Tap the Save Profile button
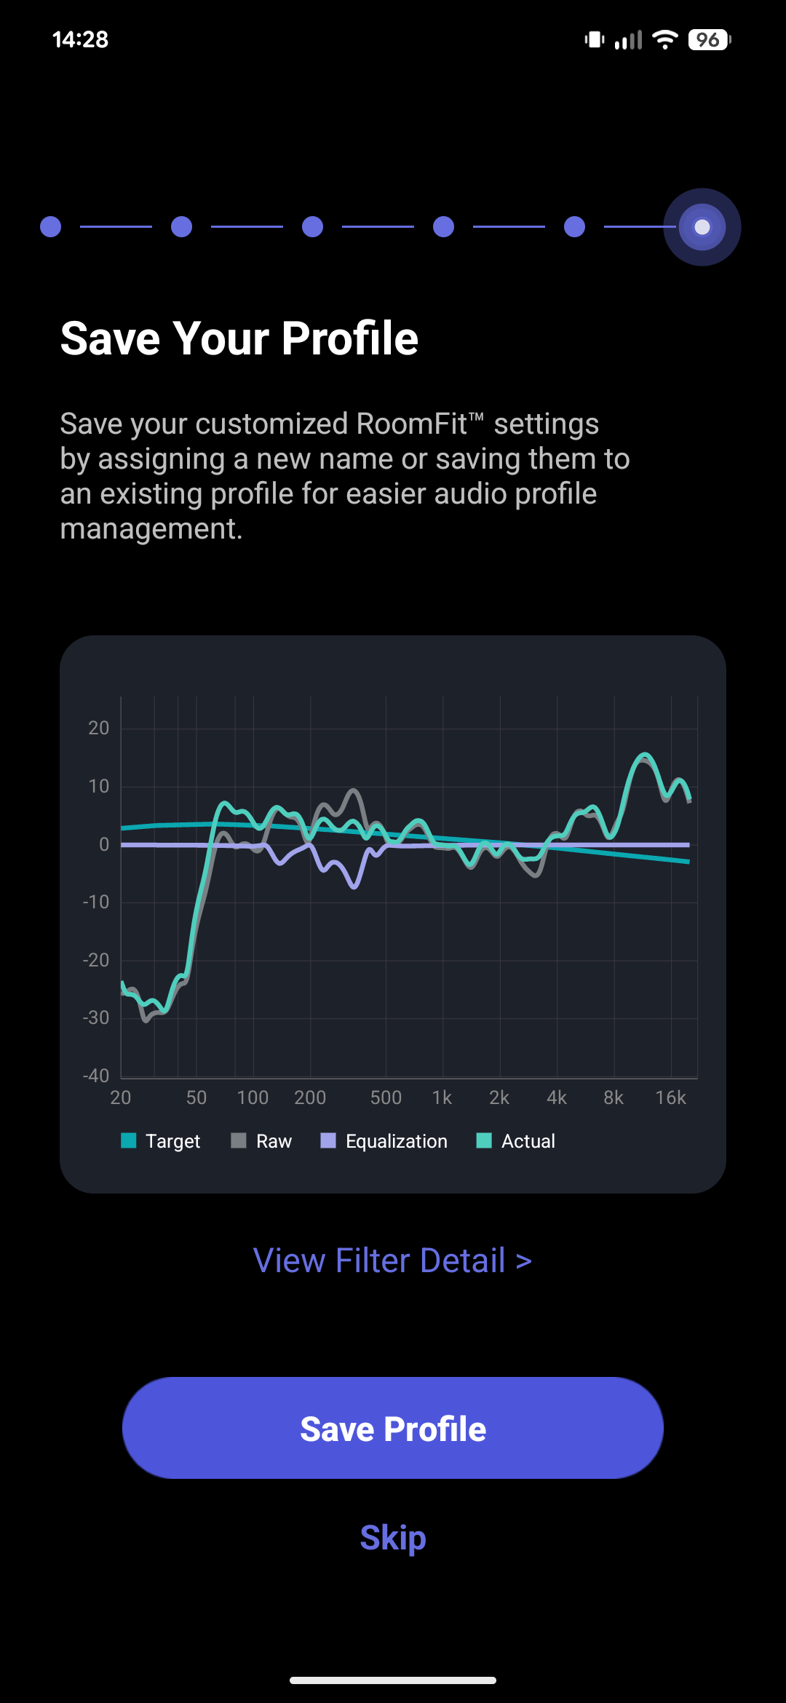tap(393, 1428)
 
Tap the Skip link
tap(393, 1538)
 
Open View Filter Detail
tap(392, 1261)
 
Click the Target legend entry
tap(161, 1141)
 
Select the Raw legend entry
tap(261, 1141)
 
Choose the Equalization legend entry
tap(384, 1141)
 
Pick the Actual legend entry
tap(516, 1141)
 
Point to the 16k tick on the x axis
tap(670, 1097)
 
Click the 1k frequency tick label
tap(442, 1097)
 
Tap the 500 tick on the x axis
tap(386, 1097)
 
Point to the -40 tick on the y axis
tap(96, 1076)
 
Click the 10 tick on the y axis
tap(98, 786)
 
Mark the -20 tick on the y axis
tap(96, 960)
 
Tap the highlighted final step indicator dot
tap(702, 227)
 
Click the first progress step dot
tap(50, 227)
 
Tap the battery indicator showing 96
tap(709, 39)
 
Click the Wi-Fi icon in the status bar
tap(664, 39)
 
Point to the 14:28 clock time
tap(80, 39)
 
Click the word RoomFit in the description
tap(411, 424)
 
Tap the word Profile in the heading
tap(350, 338)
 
